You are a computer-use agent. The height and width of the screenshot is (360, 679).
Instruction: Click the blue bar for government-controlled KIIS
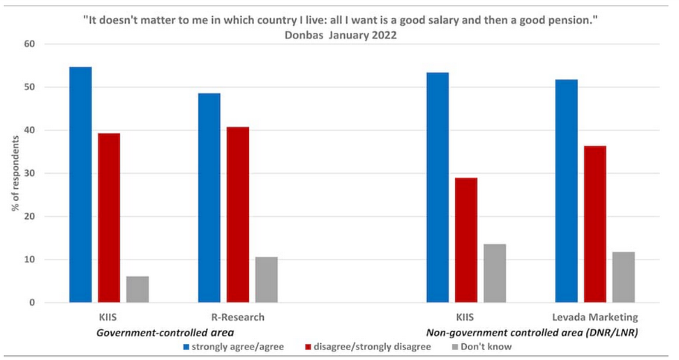(80, 185)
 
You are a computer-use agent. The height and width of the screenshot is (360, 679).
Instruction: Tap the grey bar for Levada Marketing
(623, 277)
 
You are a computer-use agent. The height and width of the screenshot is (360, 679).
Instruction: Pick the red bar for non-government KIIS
(466, 240)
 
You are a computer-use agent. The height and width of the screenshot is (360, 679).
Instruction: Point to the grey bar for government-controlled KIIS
(137, 290)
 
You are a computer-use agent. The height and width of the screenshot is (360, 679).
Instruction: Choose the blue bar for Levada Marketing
(566, 191)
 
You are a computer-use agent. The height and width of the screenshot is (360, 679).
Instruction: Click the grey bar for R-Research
(266, 280)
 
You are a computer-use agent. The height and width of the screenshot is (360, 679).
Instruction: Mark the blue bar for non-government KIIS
(438, 188)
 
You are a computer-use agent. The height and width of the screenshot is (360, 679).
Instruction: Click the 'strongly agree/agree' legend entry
(230, 347)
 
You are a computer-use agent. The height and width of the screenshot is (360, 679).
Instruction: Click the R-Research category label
(238, 317)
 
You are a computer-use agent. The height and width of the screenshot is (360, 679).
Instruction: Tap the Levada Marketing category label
(595, 317)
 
